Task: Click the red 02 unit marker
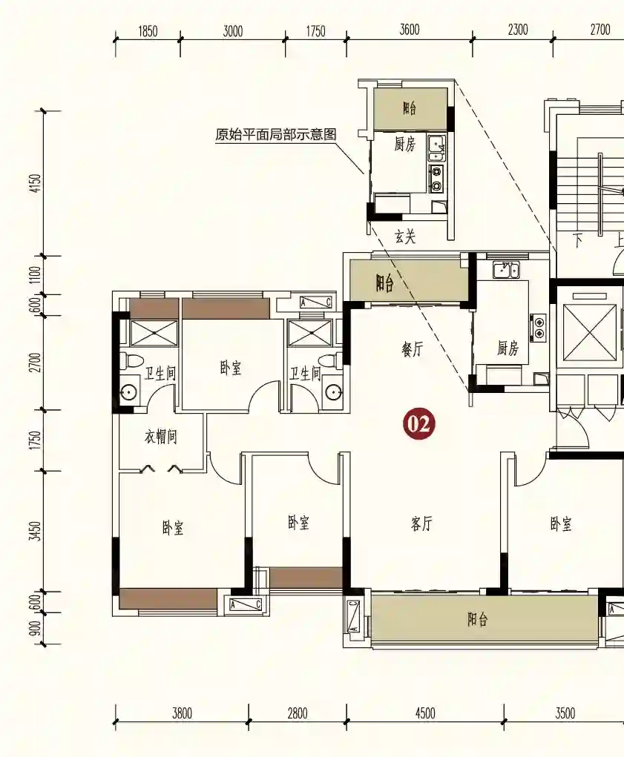418,424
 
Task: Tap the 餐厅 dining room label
412,348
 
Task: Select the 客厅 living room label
421,523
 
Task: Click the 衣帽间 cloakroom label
161,437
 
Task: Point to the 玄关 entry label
404,236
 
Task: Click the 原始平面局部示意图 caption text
276,135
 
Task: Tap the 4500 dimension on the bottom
425,713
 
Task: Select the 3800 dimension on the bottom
182,713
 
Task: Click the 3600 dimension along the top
410,30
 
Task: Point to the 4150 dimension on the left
36,183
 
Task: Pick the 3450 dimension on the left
36,531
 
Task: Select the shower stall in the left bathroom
154,333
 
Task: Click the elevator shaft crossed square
590,333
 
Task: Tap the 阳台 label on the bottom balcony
477,619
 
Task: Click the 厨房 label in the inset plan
404,144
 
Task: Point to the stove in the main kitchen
538,327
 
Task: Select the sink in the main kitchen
506,270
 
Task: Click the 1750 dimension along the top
315,31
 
